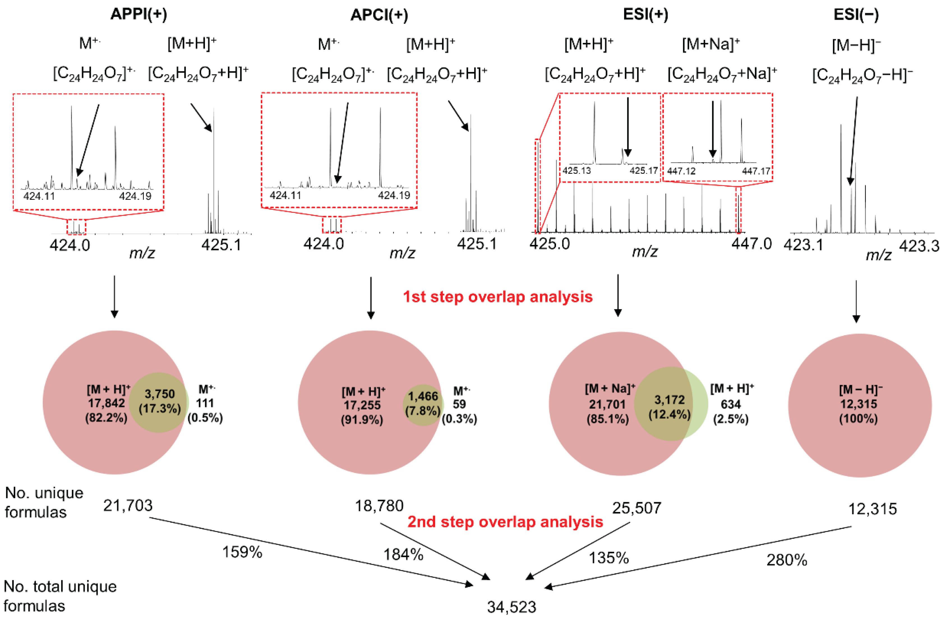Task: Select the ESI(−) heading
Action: point(856,15)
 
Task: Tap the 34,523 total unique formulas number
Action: point(512,607)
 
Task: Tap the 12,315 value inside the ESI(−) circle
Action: point(858,404)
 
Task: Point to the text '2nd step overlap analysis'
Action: point(505,522)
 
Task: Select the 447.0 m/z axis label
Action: point(751,243)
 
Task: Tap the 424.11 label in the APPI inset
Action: point(39,196)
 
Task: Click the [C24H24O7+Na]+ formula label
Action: point(722,74)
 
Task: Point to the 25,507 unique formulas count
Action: point(636,508)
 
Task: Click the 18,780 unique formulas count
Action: point(379,506)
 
